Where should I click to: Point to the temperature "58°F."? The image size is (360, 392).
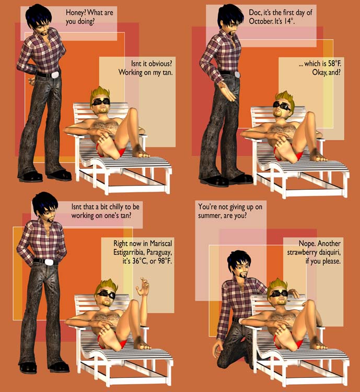click(x=334, y=63)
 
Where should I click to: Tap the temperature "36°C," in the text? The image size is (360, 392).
click(x=140, y=261)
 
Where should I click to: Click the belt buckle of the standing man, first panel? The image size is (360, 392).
click(x=55, y=75)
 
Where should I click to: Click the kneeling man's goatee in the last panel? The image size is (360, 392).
click(x=242, y=275)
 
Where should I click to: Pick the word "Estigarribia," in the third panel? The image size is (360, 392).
click(x=129, y=252)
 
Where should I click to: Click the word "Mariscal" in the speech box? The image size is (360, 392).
click(x=161, y=243)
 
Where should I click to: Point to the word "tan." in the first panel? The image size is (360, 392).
click(x=167, y=73)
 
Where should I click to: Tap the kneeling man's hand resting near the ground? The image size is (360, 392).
click(x=218, y=351)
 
